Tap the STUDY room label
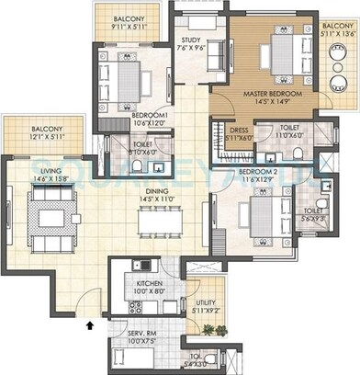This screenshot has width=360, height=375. tap(191, 40)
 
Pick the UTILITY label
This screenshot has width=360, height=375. tap(206, 301)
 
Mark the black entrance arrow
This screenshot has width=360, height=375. tap(89, 324)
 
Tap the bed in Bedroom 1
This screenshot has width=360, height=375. tap(128, 77)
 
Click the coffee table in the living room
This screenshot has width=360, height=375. tap(44, 219)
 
